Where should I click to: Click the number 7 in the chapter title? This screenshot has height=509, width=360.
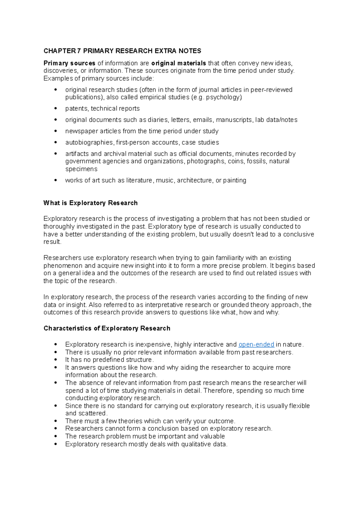(x=79, y=51)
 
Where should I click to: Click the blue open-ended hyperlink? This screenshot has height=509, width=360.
(x=256, y=344)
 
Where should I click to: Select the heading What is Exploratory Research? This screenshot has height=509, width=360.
(x=90, y=203)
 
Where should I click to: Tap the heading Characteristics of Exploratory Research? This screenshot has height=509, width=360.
(x=107, y=328)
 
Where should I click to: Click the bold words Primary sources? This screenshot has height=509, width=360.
(x=69, y=63)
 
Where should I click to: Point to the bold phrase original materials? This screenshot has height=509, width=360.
(x=178, y=63)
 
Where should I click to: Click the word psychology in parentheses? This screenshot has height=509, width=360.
(x=223, y=97)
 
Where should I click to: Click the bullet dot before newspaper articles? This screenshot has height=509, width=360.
(x=55, y=131)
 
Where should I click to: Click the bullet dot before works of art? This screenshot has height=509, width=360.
(x=55, y=180)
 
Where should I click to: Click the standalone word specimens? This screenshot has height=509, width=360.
(x=81, y=169)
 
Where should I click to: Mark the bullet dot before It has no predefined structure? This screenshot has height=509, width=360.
(x=55, y=360)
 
